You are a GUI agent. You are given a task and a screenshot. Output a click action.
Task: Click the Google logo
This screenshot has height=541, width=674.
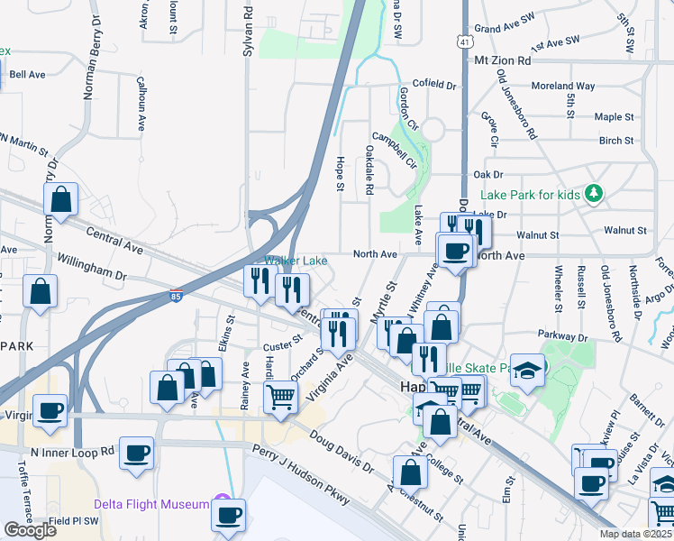[x=29, y=530]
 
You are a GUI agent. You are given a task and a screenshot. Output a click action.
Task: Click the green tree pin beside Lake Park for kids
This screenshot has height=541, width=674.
[x=593, y=193]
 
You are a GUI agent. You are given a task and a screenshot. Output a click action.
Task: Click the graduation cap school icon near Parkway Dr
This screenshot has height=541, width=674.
[x=529, y=370]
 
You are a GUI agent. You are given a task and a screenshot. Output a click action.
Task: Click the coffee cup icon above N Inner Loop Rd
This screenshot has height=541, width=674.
[x=136, y=453]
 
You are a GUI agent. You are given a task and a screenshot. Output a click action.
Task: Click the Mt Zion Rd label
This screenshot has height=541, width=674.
[x=503, y=60]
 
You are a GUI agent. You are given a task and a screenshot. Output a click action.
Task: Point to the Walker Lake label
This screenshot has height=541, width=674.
[x=296, y=261]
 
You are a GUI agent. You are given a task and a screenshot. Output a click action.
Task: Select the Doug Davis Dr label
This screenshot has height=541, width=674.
[x=341, y=451]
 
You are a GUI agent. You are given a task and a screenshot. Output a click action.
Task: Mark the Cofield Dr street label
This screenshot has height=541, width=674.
[x=435, y=86]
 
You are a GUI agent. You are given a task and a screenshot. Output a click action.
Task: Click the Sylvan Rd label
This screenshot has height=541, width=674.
[x=248, y=35]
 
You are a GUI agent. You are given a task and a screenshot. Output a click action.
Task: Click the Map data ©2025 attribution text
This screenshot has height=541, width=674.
[x=635, y=534]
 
